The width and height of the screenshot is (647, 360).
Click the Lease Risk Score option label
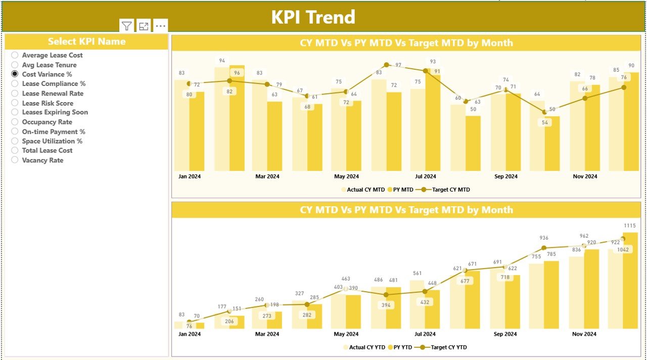click(48, 103)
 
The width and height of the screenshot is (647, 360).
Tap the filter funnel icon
click(127, 26)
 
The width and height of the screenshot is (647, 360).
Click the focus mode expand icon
click(144, 26)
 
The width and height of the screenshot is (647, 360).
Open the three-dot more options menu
click(160, 26)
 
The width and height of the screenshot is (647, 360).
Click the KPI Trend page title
click(313, 17)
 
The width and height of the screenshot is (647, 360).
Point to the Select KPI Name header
click(86, 41)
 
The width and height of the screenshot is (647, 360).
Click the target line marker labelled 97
click(387, 65)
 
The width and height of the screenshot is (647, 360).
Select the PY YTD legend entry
click(403, 347)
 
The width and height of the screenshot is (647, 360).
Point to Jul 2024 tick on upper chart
click(426, 176)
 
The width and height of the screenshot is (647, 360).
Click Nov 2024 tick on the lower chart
click(585, 334)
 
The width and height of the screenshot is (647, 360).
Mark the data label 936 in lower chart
click(544, 238)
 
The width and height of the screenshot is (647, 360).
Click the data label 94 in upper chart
click(222, 61)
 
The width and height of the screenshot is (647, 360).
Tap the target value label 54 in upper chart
click(544, 122)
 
